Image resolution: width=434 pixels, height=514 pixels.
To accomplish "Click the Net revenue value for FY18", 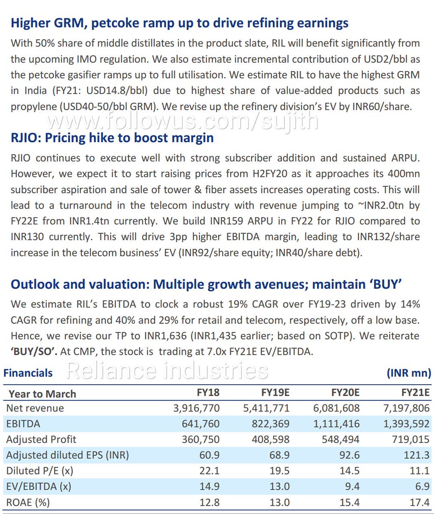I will [196, 408].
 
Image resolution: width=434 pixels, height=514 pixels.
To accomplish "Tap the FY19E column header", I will [275, 393].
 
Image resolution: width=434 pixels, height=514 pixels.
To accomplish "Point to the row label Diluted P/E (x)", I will [40, 471].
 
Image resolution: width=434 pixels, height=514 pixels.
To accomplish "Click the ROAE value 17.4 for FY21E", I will [419, 502].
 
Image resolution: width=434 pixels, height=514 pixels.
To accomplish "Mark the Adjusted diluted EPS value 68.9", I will [279, 455].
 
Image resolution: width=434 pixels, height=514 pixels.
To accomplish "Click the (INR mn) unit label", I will [409, 373].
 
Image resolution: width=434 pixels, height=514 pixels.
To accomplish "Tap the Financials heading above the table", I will [28, 373].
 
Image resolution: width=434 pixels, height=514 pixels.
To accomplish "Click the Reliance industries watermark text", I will [167, 371].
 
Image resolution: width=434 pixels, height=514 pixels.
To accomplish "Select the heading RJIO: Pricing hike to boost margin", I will [112, 138].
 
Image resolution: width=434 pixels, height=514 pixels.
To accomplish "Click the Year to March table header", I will [42, 394].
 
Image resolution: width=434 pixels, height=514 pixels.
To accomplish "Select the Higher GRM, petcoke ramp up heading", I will [180, 23].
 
